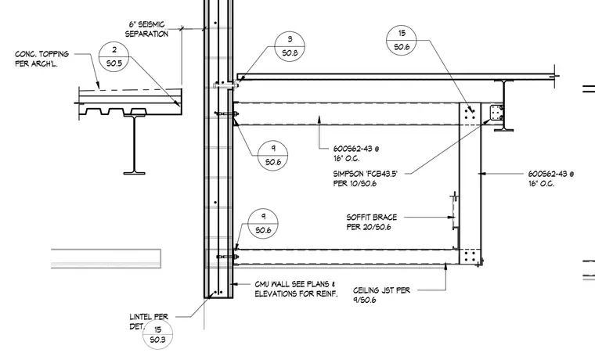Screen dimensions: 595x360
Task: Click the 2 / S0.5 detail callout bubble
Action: tap(114, 56)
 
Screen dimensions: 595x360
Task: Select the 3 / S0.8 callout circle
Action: tap(290, 46)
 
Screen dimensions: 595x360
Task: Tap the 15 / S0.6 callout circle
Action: tap(402, 40)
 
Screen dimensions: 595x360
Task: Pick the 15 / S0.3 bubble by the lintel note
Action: tap(157, 335)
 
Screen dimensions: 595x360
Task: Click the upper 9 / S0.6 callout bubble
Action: tap(272, 156)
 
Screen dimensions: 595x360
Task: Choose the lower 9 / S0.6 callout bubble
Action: tap(263, 224)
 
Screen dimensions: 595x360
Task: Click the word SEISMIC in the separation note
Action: tap(151, 25)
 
